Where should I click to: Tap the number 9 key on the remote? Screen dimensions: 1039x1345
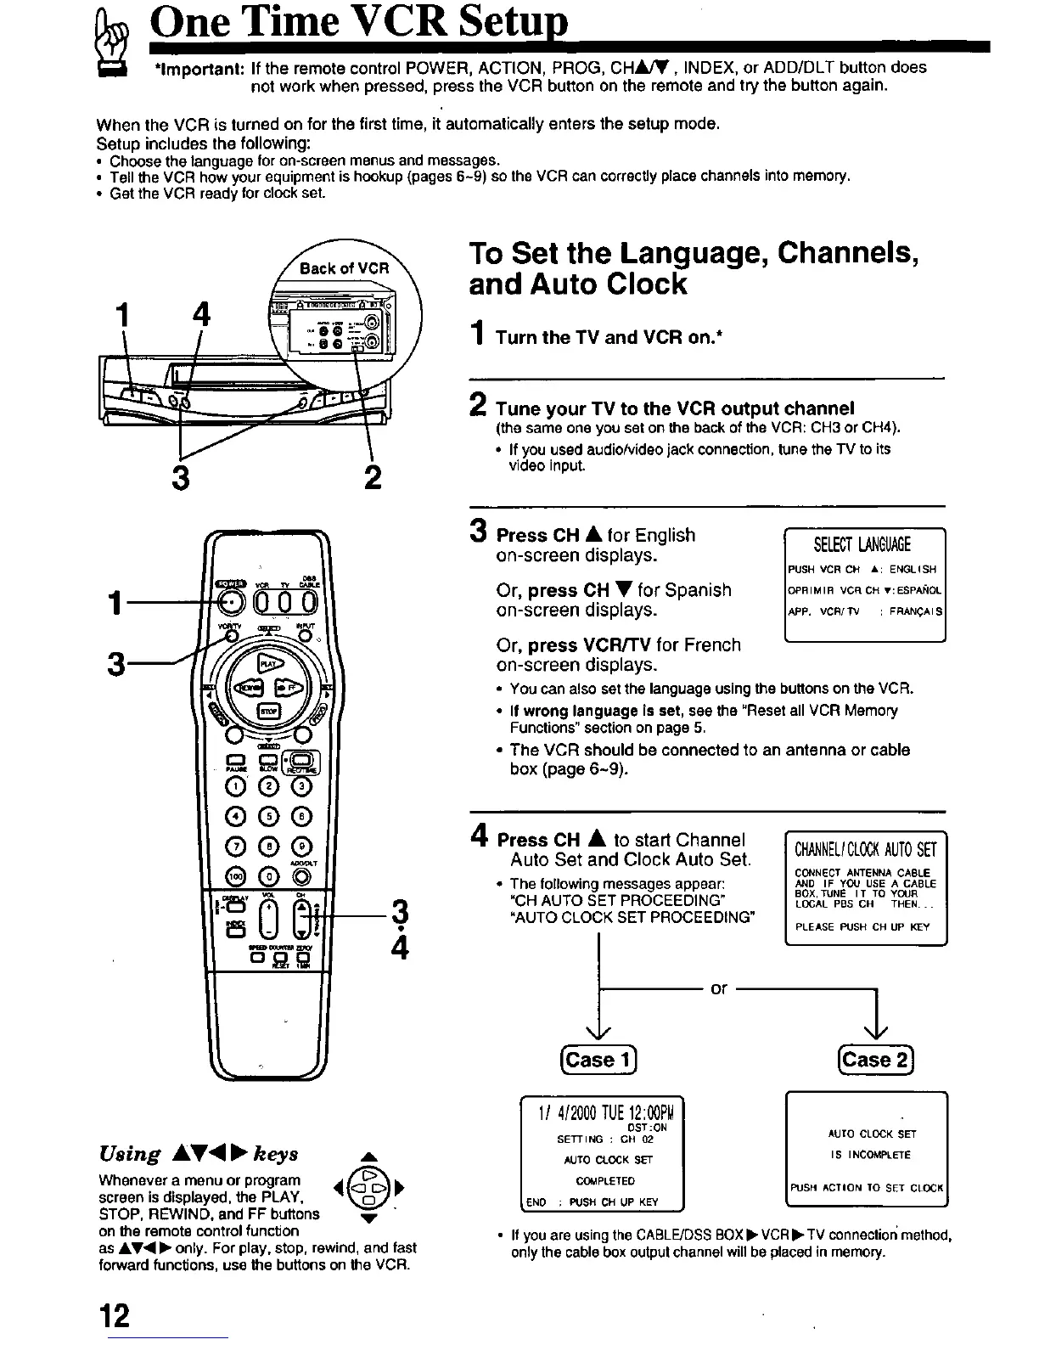[x=301, y=847]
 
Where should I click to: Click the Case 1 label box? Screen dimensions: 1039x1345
[x=598, y=1060]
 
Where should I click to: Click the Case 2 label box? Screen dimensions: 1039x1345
[x=874, y=1060]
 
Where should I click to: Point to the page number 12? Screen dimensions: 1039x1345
[x=114, y=1315]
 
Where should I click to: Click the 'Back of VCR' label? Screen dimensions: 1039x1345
[x=344, y=268]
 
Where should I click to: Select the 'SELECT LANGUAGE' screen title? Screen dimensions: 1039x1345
[x=862, y=545]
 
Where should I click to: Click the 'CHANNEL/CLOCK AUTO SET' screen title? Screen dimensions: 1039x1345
[x=865, y=849]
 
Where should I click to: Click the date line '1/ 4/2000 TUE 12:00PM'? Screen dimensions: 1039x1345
[x=601, y=1112]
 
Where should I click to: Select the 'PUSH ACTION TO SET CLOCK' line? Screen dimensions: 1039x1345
[x=866, y=1188]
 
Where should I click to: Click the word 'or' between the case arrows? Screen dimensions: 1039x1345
[x=719, y=989]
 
